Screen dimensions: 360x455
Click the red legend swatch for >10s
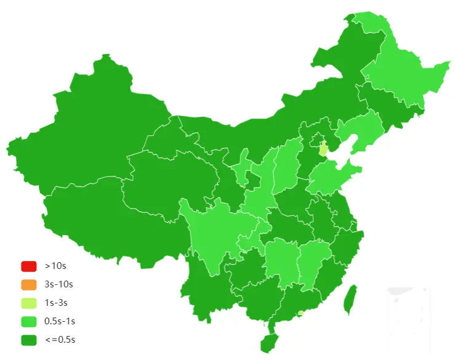29,266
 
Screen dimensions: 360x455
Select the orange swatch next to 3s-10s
29,284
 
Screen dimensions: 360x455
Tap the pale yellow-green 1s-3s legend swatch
29,303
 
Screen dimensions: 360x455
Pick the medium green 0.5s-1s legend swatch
29,321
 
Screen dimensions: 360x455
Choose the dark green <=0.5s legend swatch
29,340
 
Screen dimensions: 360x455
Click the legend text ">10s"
55,266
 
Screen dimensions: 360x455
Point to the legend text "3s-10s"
59,284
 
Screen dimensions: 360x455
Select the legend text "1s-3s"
57,303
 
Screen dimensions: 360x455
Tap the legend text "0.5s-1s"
60,321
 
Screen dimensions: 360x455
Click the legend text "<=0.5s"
60,340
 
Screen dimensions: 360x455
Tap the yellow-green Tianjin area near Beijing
323,149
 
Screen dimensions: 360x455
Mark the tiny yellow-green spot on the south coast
300,313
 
